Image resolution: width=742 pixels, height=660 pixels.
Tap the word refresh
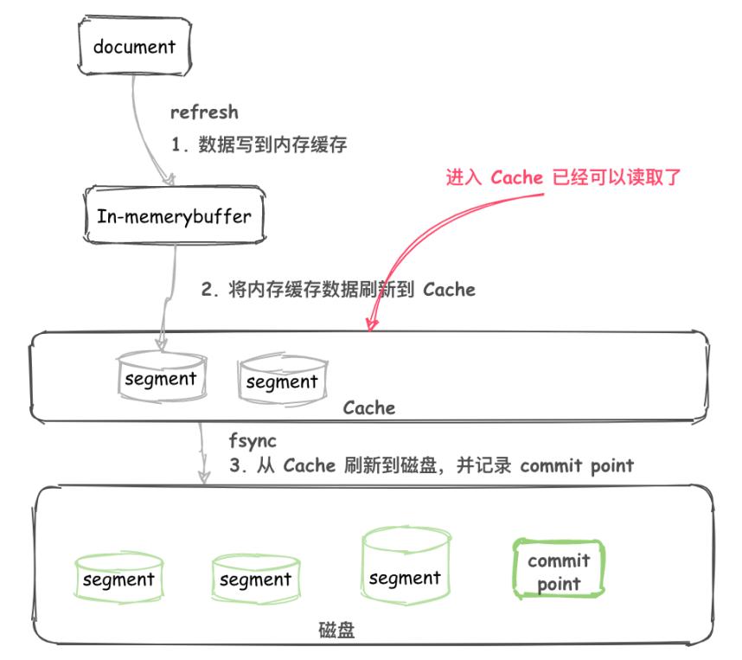coord(203,112)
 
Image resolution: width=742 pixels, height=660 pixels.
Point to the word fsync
coord(253,441)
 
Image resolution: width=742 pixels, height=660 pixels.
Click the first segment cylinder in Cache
coord(161,379)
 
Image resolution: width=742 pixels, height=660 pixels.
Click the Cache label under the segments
coord(368,407)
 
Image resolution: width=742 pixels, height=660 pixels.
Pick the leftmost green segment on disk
coord(118,579)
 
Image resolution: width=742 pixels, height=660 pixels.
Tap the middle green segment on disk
coord(255,579)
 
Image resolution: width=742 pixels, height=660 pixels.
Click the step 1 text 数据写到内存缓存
coord(259,145)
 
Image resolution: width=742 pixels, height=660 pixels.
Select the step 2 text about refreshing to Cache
coord(338,290)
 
